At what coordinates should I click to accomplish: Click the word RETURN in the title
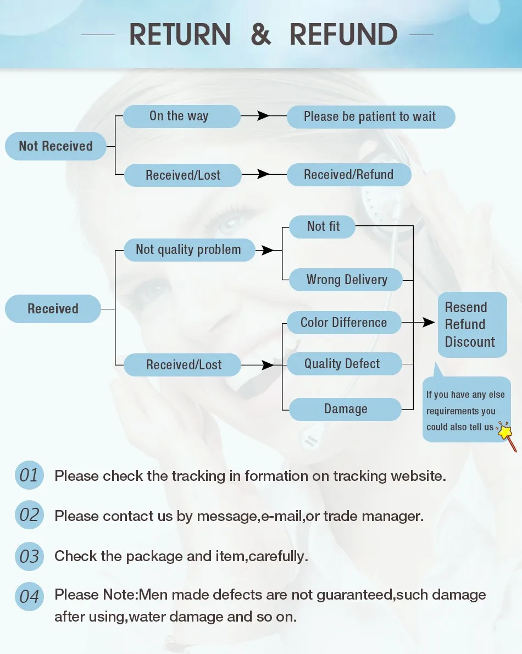[x=180, y=35]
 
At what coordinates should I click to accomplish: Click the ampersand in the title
[x=261, y=35]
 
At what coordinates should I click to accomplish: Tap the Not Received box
[x=55, y=146]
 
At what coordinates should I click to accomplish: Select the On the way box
[x=182, y=116]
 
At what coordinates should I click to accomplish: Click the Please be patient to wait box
[x=371, y=117]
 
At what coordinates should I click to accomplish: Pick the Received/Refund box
[x=349, y=175]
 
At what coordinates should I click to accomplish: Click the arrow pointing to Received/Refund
[x=264, y=174]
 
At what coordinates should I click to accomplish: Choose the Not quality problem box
[x=189, y=250]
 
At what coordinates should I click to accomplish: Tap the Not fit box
[x=322, y=227]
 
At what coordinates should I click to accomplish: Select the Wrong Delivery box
[x=346, y=279]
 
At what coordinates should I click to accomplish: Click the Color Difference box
[x=345, y=323]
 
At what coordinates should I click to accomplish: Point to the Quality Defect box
[x=345, y=364]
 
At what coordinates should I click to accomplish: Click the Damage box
[x=345, y=409]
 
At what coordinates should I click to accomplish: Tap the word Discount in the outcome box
[x=470, y=342]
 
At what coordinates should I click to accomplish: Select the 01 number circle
[x=29, y=475]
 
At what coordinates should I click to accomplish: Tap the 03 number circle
[x=29, y=556]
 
